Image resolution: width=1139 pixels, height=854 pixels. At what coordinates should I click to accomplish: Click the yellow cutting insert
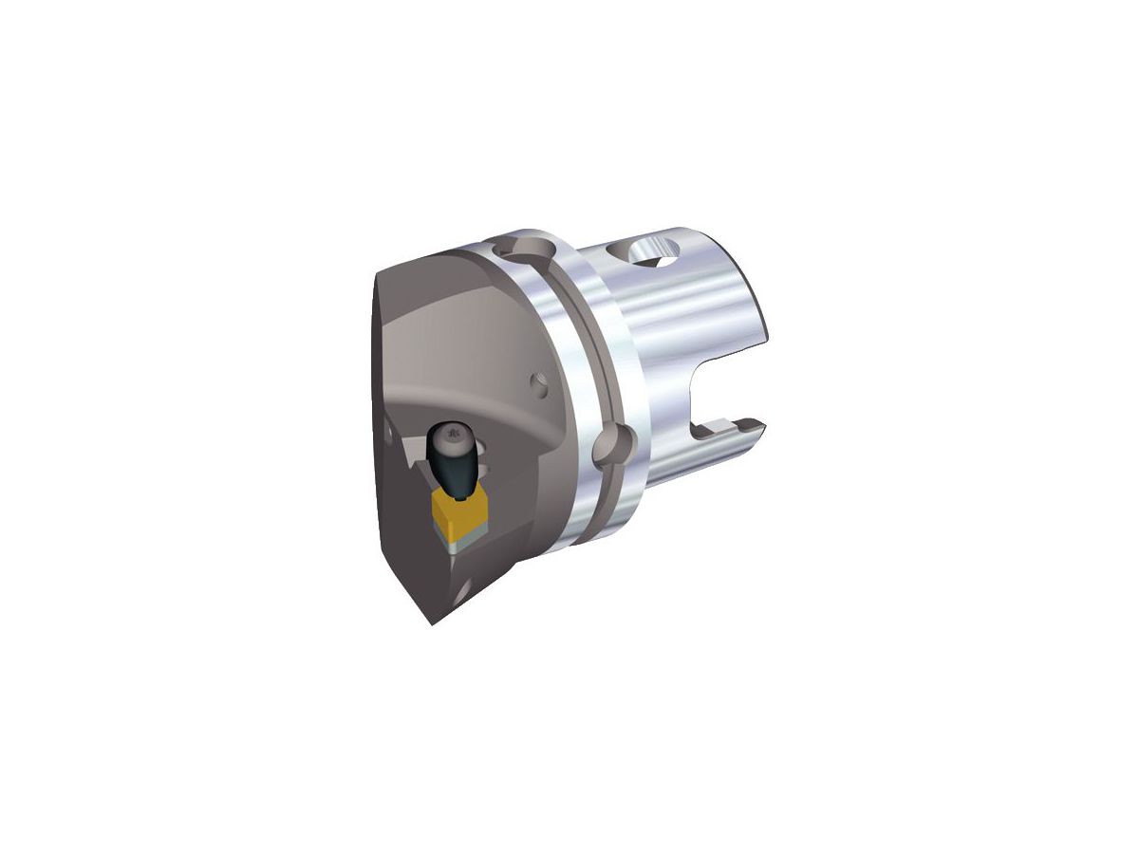pos(458,512)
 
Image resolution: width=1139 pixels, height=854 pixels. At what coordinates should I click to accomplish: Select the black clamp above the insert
pos(455,463)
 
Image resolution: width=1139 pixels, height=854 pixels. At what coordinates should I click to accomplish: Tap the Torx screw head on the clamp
pos(453,437)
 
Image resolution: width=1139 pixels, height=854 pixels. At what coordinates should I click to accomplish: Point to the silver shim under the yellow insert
pos(461,542)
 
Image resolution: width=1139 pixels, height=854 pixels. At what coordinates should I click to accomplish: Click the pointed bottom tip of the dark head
pos(433,622)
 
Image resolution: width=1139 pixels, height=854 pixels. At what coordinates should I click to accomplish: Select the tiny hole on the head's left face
pos(387,435)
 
